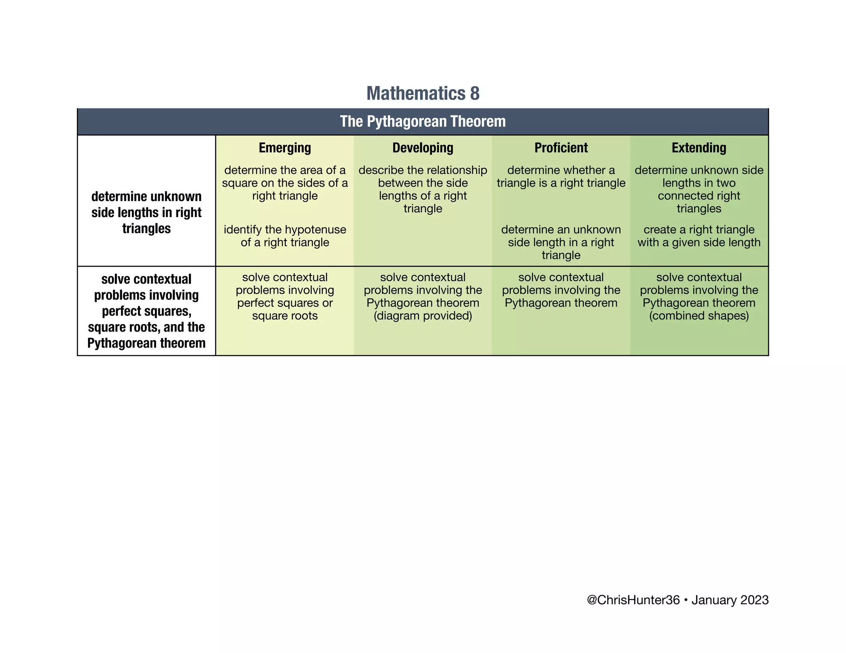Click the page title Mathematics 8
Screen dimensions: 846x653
(423, 93)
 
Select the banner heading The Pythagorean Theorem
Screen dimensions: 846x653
(423, 121)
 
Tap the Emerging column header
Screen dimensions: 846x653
(285, 148)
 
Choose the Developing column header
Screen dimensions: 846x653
(423, 148)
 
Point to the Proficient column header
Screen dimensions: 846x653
(561, 148)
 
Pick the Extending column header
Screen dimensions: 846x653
(699, 148)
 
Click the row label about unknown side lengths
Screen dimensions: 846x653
(146, 212)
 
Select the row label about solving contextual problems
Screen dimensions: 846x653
(146, 311)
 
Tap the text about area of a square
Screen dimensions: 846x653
(285, 183)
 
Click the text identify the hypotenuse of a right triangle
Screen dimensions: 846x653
(285, 236)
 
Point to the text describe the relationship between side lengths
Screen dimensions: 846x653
(423, 189)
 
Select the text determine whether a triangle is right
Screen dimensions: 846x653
(561, 177)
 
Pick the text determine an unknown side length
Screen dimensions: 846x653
(561, 242)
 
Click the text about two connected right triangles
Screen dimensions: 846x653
(699, 189)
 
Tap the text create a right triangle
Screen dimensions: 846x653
(699, 236)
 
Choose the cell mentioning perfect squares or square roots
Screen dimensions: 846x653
(285, 296)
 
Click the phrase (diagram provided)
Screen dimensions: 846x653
(423, 316)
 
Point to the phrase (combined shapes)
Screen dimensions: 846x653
(699, 316)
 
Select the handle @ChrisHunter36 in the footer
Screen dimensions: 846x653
(633, 600)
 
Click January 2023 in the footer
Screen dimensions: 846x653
(730, 600)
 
